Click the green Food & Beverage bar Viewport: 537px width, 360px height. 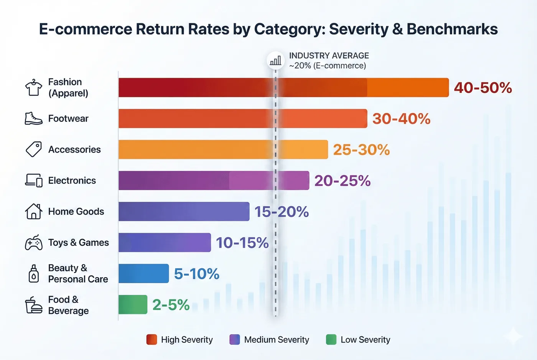[133, 304]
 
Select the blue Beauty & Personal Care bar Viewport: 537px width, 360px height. [143, 273]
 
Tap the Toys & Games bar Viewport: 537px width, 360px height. [165, 242]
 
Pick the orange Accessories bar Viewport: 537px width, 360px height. [223, 149]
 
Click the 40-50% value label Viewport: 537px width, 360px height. [483, 88]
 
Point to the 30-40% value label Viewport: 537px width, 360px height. [401, 118]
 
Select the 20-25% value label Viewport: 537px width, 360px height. [342, 181]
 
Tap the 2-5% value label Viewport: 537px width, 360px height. [171, 305]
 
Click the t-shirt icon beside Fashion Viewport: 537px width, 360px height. [34, 87]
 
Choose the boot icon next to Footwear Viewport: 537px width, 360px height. [34, 118]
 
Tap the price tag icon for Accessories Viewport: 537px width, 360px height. [34, 149]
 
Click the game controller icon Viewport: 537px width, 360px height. [34, 243]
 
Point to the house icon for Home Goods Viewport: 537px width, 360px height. [34, 211]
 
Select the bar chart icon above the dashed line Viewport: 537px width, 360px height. [275, 61]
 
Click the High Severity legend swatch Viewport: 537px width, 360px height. [152, 340]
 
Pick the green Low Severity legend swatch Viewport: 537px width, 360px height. [331, 340]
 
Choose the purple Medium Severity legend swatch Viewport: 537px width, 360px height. [234, 340]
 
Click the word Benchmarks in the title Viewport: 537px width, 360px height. [452, 29]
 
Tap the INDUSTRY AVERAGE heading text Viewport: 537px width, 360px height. [329, 56]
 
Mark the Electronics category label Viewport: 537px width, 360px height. [72, 181]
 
